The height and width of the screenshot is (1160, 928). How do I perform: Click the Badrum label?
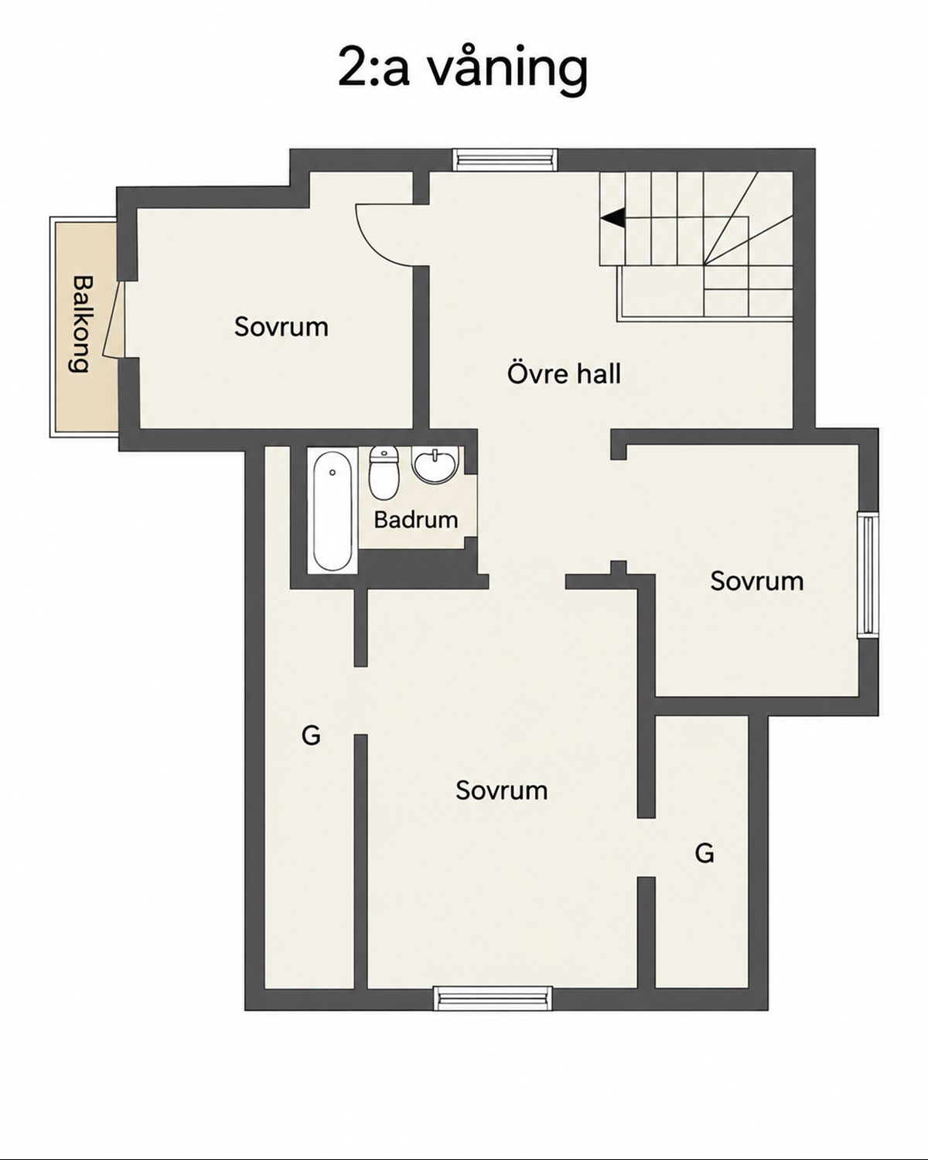(416, 520)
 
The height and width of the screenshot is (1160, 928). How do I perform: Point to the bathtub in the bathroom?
(333, 511)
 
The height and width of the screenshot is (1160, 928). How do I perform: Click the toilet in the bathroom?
(384, 473)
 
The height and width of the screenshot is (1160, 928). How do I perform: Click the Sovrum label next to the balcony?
(281, 327)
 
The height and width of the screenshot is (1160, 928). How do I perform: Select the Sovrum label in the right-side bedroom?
(756, 581)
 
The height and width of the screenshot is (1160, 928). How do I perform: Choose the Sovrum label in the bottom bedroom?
(501, 790)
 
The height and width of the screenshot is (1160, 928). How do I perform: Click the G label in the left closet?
(311, 735)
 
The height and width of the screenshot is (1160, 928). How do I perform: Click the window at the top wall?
(504, 159)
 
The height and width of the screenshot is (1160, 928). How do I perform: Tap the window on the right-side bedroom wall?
(868, 575)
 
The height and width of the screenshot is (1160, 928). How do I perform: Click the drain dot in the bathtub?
(333, 473)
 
